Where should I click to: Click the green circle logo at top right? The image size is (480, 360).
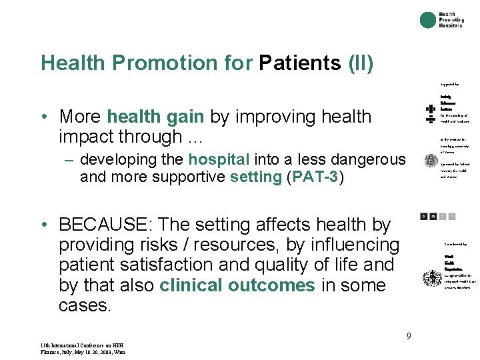click(x=427, y=20)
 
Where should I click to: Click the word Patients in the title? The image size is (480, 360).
click(x=300, y=63)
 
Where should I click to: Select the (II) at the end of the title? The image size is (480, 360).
click(x=361, y=63)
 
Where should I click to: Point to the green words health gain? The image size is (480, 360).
click(x=155, y=116)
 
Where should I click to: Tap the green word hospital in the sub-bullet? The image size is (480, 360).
click(x=219, y=159)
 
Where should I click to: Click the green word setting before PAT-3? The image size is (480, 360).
click(x=255, y=177)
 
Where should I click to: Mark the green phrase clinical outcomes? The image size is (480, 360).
click(x=237, y=285)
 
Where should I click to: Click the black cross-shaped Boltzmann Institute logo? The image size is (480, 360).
click(x=430, y=114)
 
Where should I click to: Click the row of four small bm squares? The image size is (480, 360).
click(x=437, y=216)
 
